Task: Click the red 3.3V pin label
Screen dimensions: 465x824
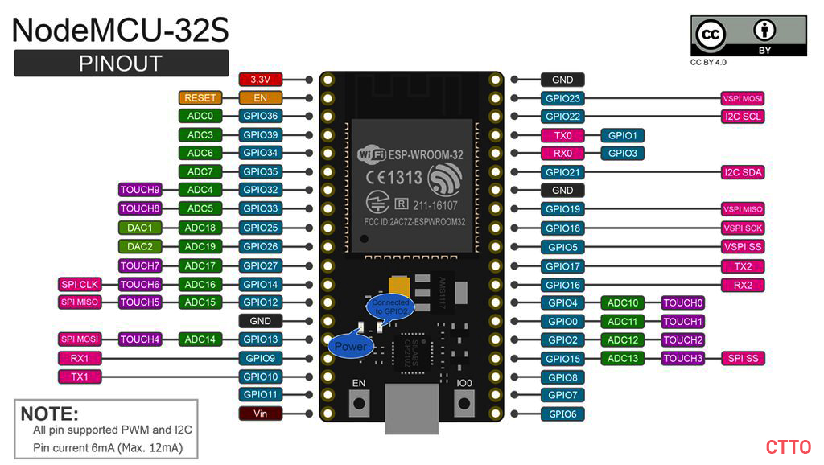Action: pos(261,80)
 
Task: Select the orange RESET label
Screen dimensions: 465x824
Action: pos(200,97)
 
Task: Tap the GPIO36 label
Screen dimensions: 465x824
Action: pos(261,116)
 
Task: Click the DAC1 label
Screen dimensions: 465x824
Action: pos(140,228)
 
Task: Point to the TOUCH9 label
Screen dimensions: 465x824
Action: pos(140,190)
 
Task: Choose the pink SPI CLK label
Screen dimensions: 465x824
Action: pos(79,284)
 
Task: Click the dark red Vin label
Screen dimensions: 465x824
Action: pos(261,414)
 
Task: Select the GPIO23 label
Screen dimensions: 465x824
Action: pos(562,99)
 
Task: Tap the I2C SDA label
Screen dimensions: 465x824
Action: pos(742,172)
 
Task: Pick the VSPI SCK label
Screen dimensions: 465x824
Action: pos(742,228)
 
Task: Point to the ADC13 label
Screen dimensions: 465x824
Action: pos(622,358)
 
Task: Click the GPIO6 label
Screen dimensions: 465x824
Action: pos(562,414)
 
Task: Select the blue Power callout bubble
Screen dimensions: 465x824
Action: pos(350,346)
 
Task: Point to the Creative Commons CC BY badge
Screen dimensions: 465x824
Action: pos(748,36)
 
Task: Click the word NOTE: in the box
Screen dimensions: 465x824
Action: pos(49,414)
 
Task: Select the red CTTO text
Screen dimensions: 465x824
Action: pos(788,447)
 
